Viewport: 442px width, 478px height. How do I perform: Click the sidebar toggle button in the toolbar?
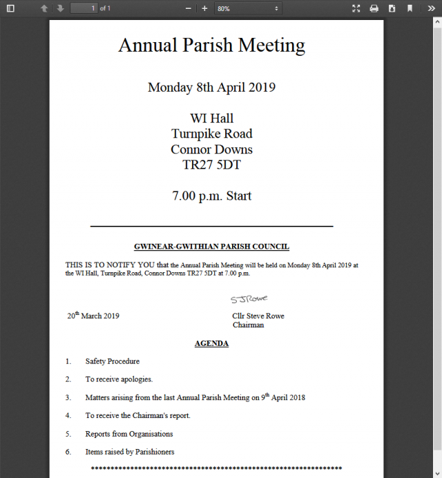coord(10,8)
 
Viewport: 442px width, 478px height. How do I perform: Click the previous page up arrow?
coord(44,8)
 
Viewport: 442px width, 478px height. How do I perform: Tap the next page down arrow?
coord(60,8)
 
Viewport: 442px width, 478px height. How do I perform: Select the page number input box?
coord(84,8)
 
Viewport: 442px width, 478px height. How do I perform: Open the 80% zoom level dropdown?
coord(247,8)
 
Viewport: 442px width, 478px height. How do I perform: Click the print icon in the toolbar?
coord(374,8)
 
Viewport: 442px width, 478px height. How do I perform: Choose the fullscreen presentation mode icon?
coord(356,8)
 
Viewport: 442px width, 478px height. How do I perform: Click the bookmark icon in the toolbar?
coord(410,8)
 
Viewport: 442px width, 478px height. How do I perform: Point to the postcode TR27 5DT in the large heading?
coord(211,166)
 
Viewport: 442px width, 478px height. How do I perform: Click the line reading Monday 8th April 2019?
coord(211,88)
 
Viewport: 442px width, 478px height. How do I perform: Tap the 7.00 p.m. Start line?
coord(211,196)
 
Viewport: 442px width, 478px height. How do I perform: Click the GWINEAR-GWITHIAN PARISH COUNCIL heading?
coord(211,247)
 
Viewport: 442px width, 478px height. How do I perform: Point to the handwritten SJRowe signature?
coord(249,299)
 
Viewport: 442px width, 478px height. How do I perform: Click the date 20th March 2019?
coord(93,316)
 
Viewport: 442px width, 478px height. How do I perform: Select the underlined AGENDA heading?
coord(211,343)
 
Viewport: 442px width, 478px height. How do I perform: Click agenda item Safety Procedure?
coord(113,361)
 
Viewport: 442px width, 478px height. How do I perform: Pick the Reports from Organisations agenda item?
coord(129,434)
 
